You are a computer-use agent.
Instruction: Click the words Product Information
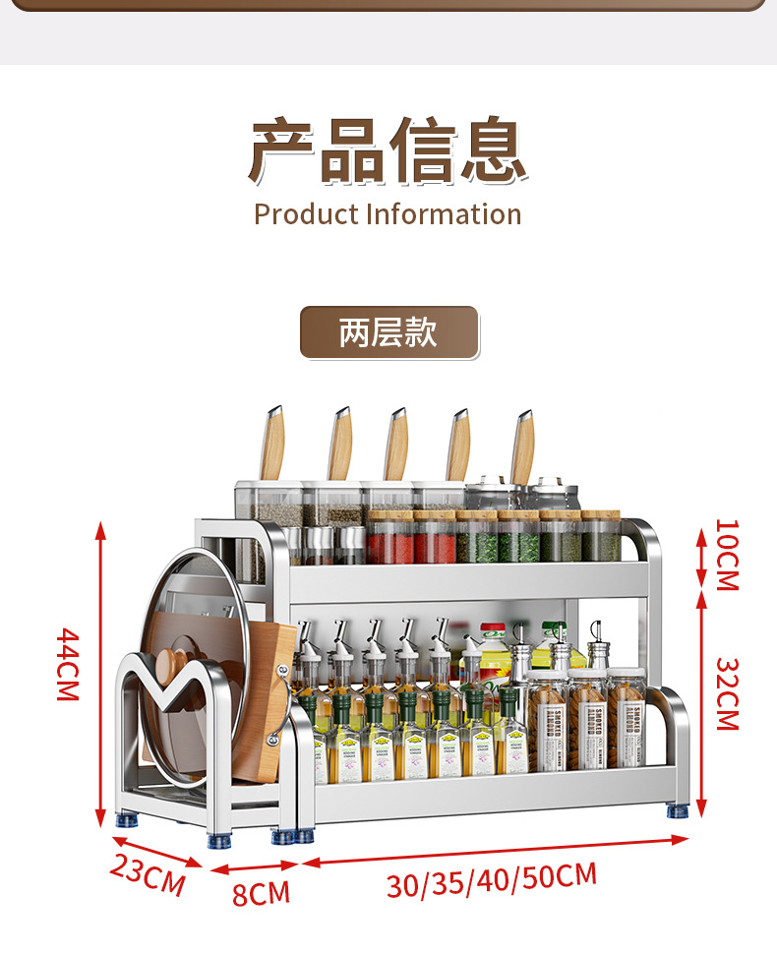click(x=388, y=214)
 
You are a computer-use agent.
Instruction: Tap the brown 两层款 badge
click(x=388, y=332)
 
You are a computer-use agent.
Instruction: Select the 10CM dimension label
click(x=726, y=555)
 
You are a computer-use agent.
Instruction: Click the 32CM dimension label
click(x=726, y=693)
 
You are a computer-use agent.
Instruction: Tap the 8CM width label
click(x=261, y=893)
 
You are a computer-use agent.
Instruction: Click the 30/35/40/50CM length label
click(x=491, y=878)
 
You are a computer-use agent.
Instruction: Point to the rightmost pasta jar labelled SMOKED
click(x=627, y=723)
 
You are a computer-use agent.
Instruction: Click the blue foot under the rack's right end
click(x=678, y=811)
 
